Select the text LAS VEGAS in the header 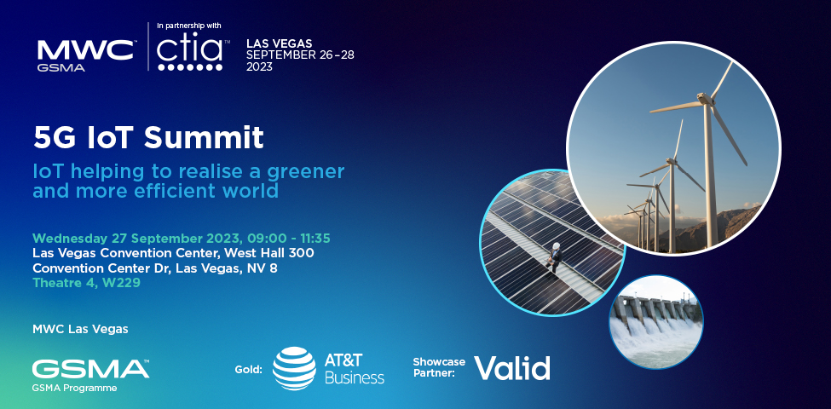tap(280, 43)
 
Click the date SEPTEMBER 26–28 tap(300, 55)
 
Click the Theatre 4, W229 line tap(86, 283)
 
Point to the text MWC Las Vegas tap(80, 328)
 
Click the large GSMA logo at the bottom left tap(90, 369)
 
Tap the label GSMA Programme tap(75, 389)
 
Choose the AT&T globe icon tap(294, 368)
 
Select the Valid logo tap(511, 367)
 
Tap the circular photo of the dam tap(655, 321)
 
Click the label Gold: tap(248, 369)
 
